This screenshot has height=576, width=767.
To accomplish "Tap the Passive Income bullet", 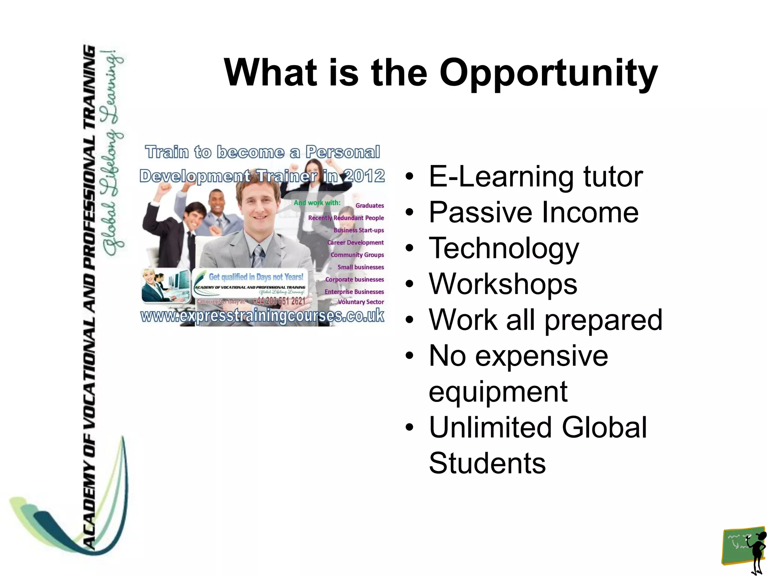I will [533, 212].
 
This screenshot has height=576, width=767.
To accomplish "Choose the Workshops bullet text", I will [503, 284].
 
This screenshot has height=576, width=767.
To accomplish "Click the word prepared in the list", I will [603, 320].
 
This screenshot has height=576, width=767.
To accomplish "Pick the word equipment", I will [498, 391].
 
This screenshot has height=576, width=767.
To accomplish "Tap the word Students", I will [487, 463].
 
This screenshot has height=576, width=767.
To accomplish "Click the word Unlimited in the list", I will [490, 427].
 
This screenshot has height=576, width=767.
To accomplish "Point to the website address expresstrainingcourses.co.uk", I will [262, 316].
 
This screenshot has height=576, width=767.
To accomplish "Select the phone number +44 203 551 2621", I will [279, 301].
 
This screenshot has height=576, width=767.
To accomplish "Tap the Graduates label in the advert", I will [370, 205].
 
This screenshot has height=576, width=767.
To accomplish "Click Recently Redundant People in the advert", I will [346, 218].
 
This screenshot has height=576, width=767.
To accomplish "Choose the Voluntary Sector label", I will [361, 302].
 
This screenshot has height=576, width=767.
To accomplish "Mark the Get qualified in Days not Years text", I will [256, 277].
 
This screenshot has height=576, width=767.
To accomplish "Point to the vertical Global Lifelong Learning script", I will [113, 154].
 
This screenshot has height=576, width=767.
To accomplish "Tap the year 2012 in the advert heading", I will [364, 176].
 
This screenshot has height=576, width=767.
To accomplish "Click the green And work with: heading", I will [317, 202].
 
